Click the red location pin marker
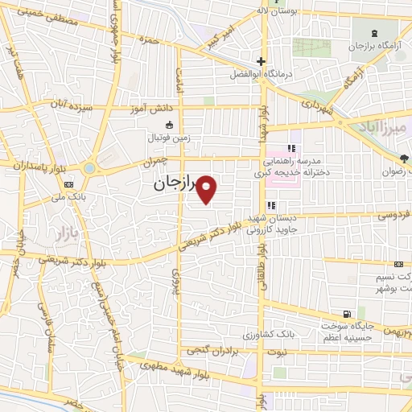208,188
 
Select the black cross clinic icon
261,62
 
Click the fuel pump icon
346,313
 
